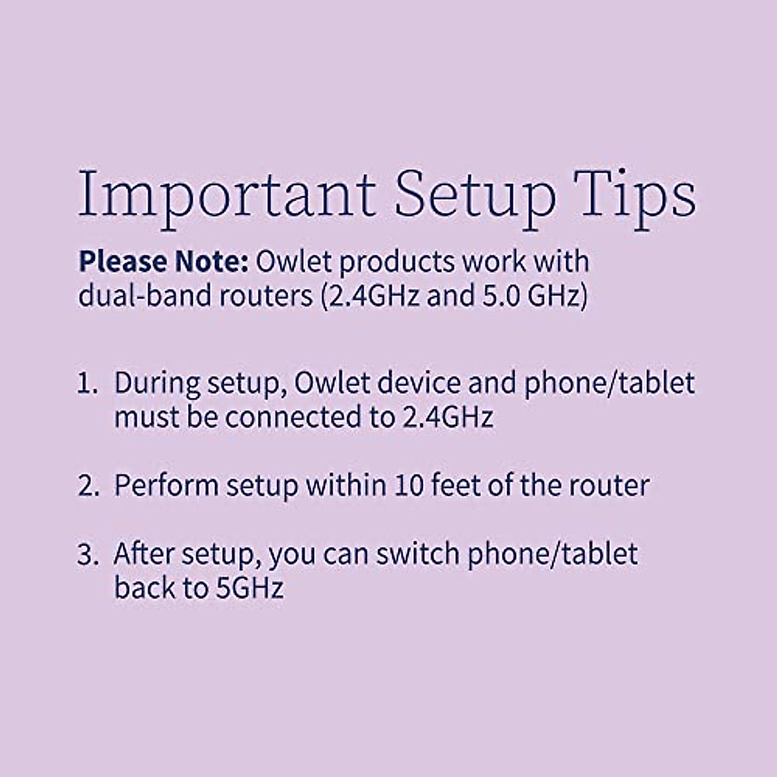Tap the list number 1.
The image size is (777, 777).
(x=87, y=383)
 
